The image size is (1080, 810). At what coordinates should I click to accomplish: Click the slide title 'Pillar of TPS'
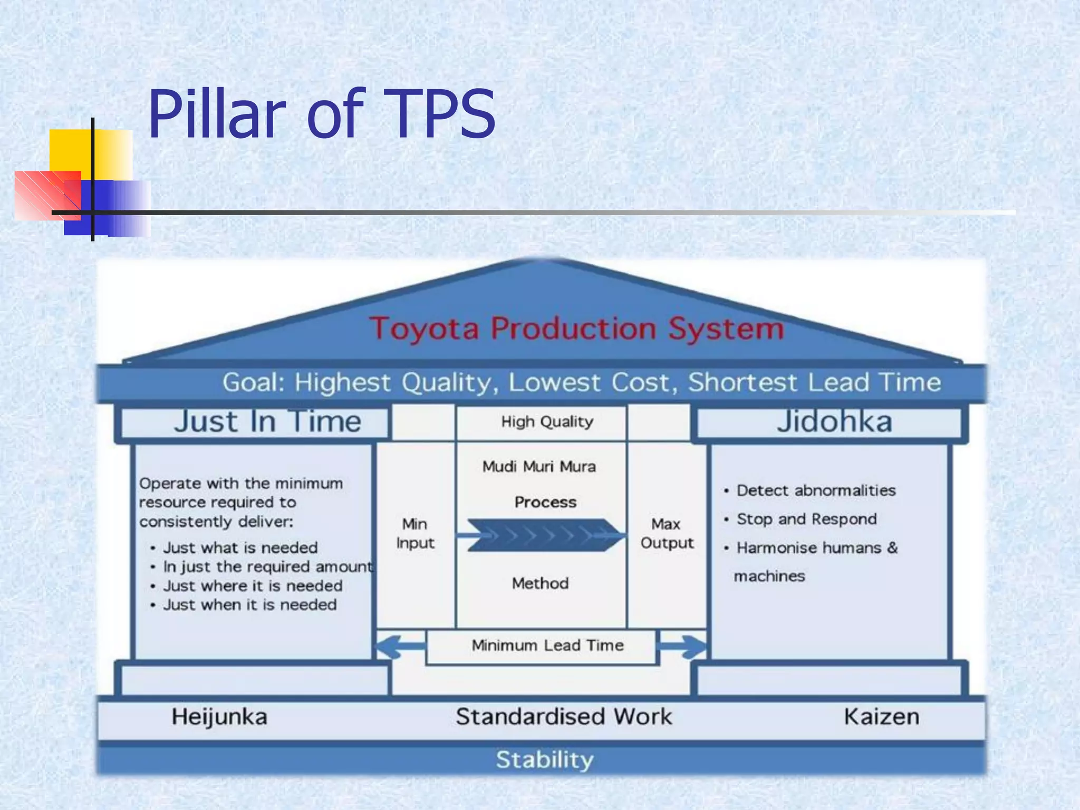[322, 114]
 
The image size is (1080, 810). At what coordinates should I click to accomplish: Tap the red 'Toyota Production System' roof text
[576, 329]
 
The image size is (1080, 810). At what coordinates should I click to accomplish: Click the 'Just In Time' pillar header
[267, 422]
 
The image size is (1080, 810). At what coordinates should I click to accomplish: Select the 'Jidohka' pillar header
[834, 422]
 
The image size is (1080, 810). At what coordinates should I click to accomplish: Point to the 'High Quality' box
[547, 422]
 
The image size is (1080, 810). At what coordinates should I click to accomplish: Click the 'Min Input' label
[415, 533]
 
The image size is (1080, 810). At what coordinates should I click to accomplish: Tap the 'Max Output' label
[667, 533]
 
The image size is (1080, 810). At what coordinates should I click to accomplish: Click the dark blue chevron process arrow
[543, 535]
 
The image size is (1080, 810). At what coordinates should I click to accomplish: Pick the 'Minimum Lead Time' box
[547, 645]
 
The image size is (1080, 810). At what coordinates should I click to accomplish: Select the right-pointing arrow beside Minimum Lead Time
[683, 645]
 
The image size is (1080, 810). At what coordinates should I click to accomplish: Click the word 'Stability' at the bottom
[545, 760]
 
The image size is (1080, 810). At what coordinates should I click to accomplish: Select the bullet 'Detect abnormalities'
[816, 490]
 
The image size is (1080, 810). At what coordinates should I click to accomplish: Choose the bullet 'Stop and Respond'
[806, 519]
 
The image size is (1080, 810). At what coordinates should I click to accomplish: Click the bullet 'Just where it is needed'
[253, 586]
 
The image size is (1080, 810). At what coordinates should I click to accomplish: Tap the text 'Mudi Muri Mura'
[539, 467]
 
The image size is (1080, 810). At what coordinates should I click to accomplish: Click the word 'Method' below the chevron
[540, 583]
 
